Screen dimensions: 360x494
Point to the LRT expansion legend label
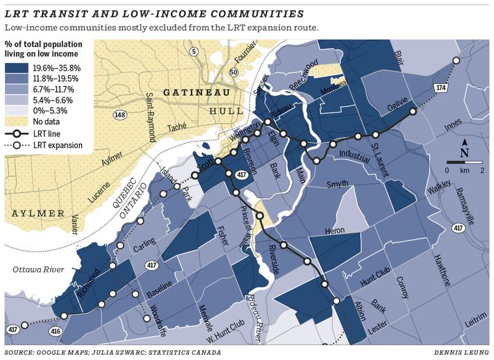(58, 145)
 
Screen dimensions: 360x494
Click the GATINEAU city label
(196, 93)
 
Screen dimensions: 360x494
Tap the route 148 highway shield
(120, 115)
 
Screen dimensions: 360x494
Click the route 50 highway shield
(233, 73)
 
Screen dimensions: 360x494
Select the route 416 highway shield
(55, 331)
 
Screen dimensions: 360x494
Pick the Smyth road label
(337, 184)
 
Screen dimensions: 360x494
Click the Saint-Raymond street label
(149, 115)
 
